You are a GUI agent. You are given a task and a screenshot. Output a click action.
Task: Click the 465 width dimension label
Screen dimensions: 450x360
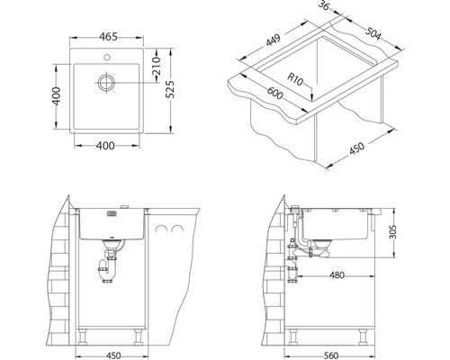coord(108,37)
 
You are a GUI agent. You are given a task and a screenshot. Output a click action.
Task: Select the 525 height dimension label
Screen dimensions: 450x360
coord(170,89)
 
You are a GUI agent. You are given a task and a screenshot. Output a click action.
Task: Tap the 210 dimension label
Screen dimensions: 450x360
coord(157,66)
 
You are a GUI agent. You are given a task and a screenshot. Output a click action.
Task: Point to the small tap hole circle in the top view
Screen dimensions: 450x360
coord(106,57)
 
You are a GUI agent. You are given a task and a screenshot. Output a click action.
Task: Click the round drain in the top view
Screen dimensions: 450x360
coord(106,82)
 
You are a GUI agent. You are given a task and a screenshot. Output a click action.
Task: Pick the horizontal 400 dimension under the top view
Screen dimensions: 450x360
coord(105,146)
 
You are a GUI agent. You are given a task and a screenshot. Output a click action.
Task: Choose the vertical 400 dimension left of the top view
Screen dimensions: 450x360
coord(56,96)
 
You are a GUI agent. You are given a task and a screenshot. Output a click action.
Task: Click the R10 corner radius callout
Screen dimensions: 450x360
coord(295,79)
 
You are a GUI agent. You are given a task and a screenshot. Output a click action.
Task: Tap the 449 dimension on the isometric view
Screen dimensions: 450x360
coord(274,40)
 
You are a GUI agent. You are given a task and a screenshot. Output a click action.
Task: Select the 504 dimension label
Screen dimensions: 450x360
coord(373,34)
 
